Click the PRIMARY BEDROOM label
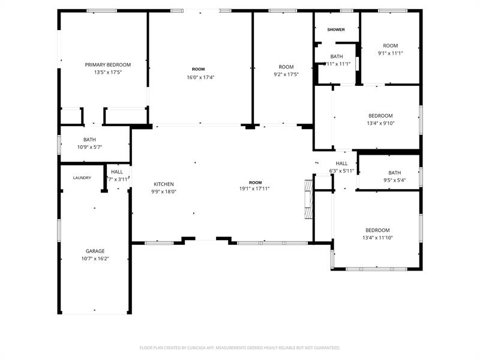pos(107,65)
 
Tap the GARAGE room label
pos(95,251)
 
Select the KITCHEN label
pos(164,184)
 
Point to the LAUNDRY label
pos(82,178)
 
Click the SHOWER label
pos(336,29)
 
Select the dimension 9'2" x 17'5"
pos(286,74)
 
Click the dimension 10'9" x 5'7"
pos(89,147)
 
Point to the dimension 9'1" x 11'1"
pos(390,53)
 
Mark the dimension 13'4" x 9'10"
pos(380,123)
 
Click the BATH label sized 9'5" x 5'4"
pos(394,173)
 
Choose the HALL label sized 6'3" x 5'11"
pos(341,164)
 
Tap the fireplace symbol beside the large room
pos(309,200)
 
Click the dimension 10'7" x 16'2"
pos(95,259)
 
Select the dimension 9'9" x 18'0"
pos(164,192)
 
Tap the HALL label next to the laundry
pos(116,172)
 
